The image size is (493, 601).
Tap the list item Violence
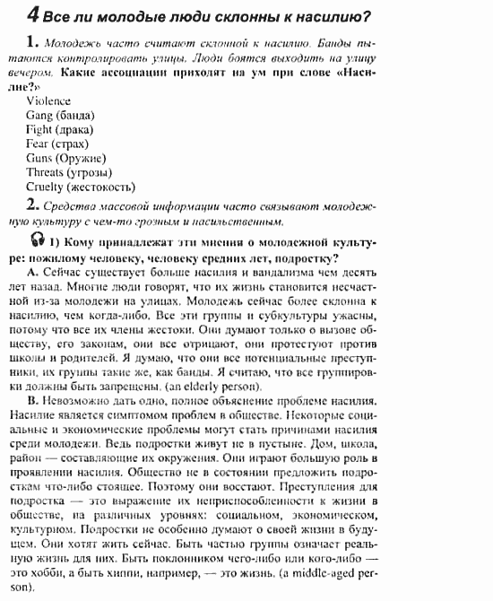point(49,100)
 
